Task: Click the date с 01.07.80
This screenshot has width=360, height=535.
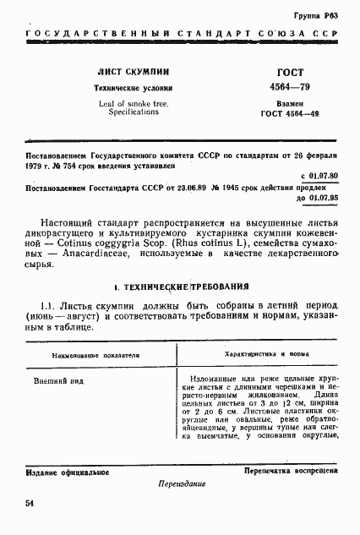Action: (319, 175)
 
